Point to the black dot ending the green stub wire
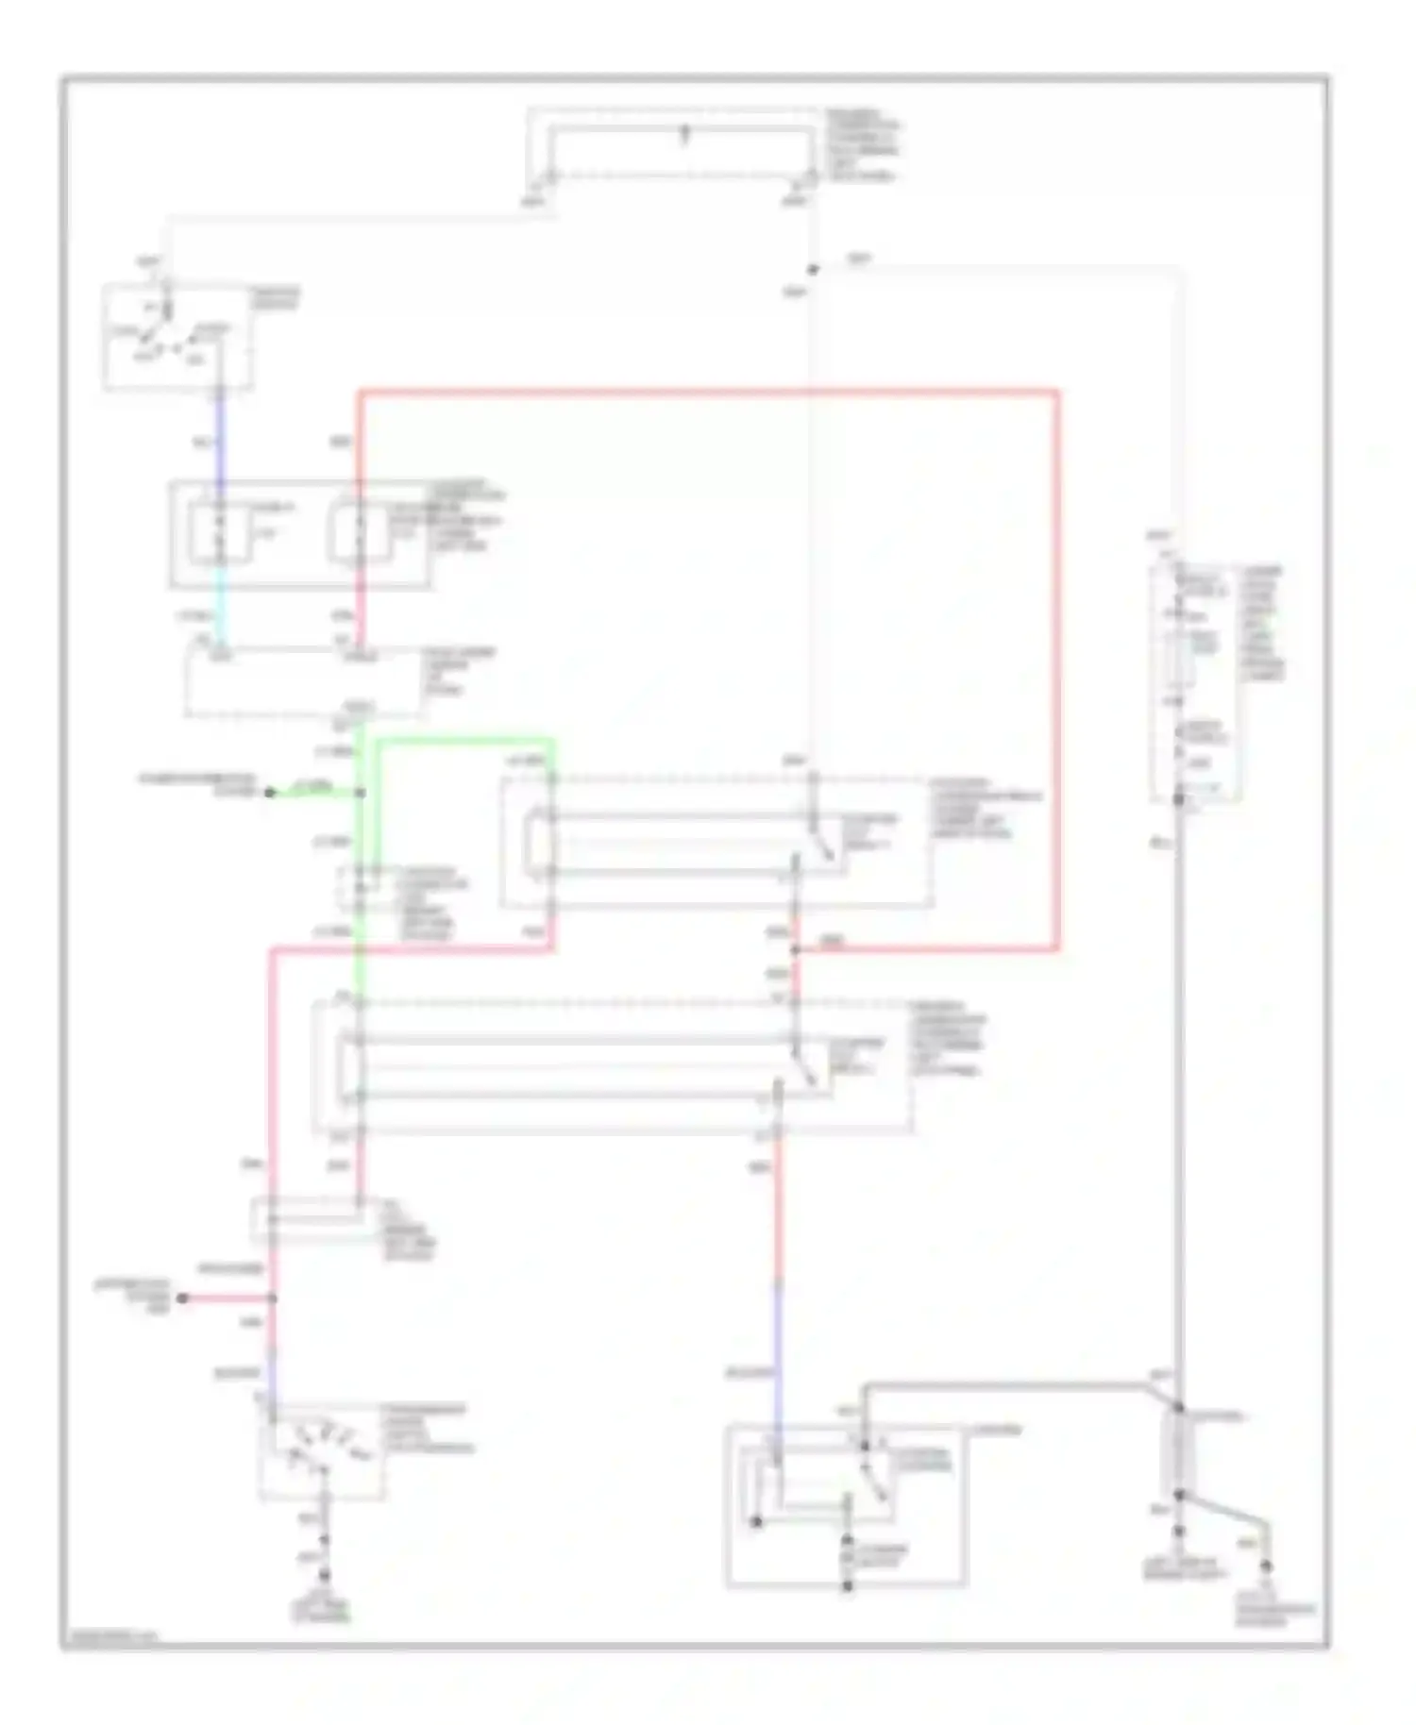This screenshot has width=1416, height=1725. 269,793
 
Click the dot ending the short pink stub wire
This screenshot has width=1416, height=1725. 183,1298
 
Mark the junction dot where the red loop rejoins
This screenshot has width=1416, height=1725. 795,950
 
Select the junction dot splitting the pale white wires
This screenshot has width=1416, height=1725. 813,270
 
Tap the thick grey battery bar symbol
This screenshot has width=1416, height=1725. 1178,1454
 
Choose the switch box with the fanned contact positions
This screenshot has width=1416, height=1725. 321,1453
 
